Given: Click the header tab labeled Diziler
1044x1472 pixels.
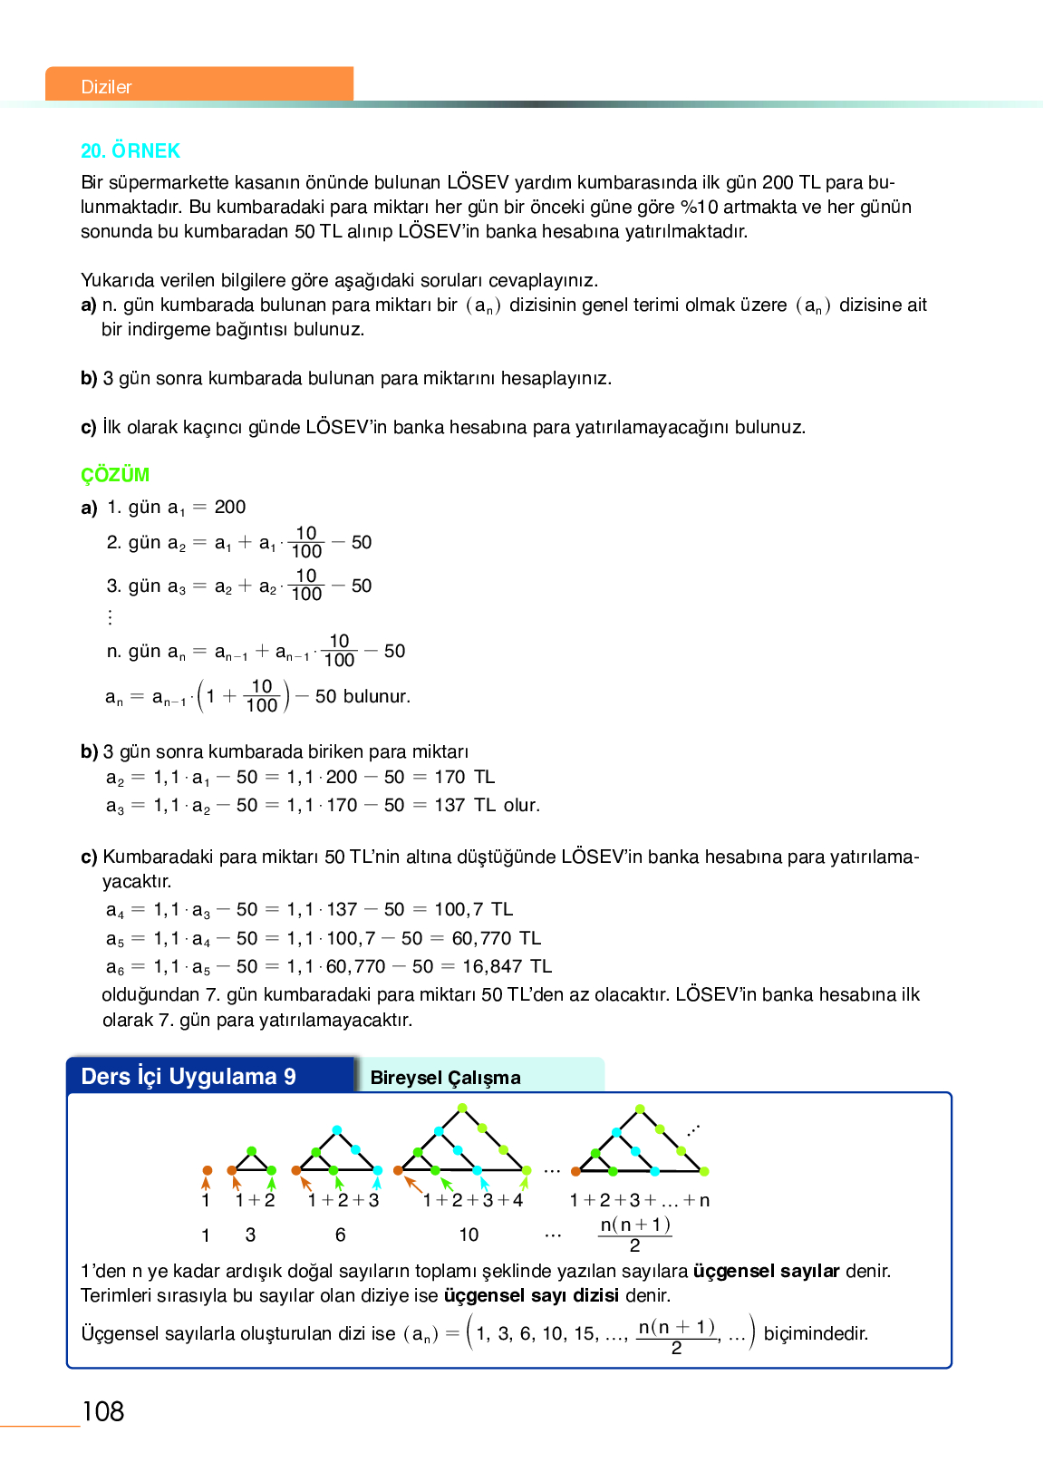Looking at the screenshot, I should tap(107, 87).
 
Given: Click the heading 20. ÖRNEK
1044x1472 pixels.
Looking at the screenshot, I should tap(130, 150).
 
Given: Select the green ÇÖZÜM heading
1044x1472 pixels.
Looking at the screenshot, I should tap(115, 475).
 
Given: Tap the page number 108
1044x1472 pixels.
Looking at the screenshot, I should tap(102, 1411).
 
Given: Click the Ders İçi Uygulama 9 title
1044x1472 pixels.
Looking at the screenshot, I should tap(188, 1076).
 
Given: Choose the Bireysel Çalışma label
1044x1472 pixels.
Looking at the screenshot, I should tap(445, 1078).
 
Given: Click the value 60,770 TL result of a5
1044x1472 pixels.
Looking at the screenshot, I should tap(496, 938).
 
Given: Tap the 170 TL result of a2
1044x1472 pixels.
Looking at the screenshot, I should tap(464, 777).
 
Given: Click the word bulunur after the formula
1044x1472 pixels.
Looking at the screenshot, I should tap(377, 696).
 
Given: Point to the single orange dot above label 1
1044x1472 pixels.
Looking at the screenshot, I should tap(208, 1170).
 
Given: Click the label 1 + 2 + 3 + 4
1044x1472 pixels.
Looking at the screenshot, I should tap(473, 1200).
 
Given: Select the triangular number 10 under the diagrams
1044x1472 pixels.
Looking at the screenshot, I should tap(469, 1235).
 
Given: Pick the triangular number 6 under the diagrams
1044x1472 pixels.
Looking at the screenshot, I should tap(340, 1235).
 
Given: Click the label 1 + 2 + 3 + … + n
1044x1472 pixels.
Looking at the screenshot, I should tap(639, 1200).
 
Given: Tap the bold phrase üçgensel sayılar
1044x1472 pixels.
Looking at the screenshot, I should tap(766, 1271).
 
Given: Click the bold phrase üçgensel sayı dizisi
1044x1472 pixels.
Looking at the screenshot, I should tap(531, 1295).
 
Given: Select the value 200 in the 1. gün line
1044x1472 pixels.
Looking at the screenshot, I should tap(230, 507).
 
